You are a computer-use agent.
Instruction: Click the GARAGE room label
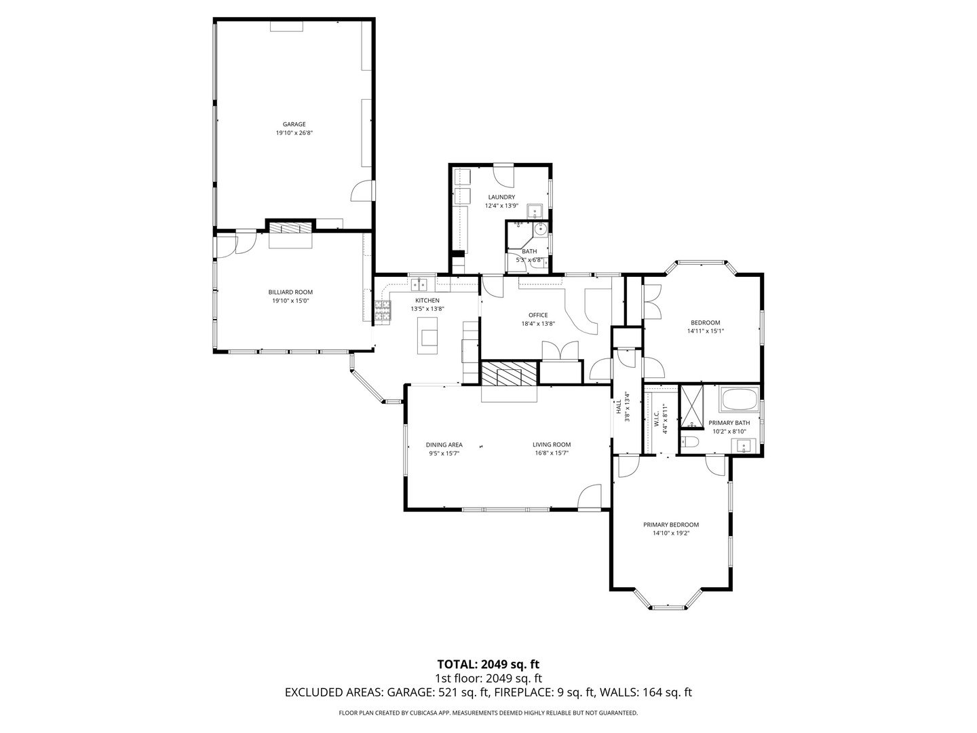tap(294, 124)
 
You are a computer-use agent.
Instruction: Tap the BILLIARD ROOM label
tap(290, 292)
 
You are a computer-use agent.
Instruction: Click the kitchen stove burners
tap(383, 311)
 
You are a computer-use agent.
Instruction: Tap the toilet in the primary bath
tap(690, 443)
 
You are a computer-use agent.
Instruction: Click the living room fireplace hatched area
tap(509, 373)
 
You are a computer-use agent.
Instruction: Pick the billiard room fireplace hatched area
tap(290, 227)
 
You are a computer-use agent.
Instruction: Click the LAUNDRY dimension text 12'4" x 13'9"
tap(501, 206)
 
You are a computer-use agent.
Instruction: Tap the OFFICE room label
tap(538, 315)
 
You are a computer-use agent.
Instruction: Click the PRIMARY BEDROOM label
tap(671, 525)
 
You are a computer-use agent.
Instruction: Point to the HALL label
tap(619, 407)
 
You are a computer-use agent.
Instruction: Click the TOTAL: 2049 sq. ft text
tap(488, 664)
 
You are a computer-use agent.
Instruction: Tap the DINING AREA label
tap(444, 445)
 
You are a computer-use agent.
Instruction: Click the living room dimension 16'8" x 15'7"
tap(552, 453)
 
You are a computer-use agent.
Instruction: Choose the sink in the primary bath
tap(744, 446)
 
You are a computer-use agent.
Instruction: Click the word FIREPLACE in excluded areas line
tap(527, 693)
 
